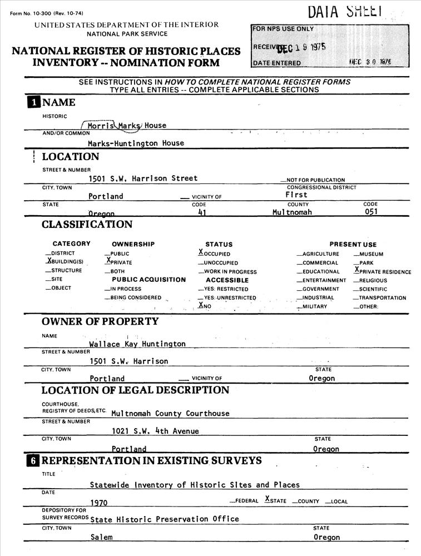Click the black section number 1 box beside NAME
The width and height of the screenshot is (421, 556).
[x=34, y=102]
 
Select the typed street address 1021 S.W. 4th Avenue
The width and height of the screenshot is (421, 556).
[x=155, y=431]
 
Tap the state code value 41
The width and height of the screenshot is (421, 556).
[x=202, y=212]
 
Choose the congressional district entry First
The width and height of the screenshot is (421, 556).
[x=296, y=195]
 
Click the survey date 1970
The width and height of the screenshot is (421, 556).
[x=98, y=502]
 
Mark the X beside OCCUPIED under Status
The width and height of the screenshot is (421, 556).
[x=201, y=252]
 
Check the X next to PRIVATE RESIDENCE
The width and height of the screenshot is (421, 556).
[x=356, y=270]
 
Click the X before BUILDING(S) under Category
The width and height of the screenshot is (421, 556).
[x=49, y=260]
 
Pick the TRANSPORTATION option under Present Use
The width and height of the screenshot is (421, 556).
[x=382, y=298]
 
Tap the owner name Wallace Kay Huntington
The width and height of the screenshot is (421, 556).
[x=137, y=344]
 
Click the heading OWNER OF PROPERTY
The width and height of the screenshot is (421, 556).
[x=100, y=321]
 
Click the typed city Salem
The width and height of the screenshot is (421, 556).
[x=101, y=538]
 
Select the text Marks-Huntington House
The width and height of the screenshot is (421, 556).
[x=136, y=143]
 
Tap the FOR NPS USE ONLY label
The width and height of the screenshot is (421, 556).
[x=283, y=29]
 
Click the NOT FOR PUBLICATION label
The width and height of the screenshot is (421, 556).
[x=315, y=180]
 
